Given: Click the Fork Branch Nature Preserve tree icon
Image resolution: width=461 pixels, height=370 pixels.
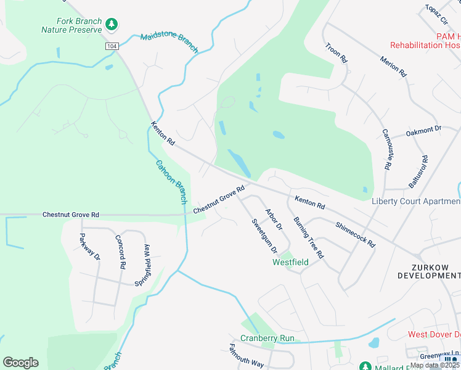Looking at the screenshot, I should (x=112, y=24).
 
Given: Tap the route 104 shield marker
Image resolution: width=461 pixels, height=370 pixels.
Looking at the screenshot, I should (x=112, y=46).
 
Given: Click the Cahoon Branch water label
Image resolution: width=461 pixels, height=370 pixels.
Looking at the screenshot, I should (x=171, y=182).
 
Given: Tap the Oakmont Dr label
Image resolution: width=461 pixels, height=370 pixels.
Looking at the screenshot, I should (x=424, y=131).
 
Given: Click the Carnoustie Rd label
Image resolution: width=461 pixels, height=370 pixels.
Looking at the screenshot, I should (x=386, y=149).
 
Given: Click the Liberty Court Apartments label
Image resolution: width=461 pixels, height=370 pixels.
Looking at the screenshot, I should (x=416, y=202).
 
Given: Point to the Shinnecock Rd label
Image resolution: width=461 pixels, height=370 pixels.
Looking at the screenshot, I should (x=355, y=234).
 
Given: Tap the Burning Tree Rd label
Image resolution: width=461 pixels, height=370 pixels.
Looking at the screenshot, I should (x=308, y=237).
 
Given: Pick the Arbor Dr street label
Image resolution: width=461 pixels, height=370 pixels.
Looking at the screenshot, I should (x=273, y=220).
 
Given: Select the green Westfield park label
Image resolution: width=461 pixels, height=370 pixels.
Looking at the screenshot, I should (x=290, y=262).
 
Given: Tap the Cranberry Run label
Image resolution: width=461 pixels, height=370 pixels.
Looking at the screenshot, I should (x=267, y=338).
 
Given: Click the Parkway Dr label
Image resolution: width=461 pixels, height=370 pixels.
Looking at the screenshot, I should (x=89, y=247).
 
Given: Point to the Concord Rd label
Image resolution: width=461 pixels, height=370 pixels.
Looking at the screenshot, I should (x=121, y=251).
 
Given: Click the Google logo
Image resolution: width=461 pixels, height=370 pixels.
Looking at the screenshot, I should (x=20, y=362).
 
